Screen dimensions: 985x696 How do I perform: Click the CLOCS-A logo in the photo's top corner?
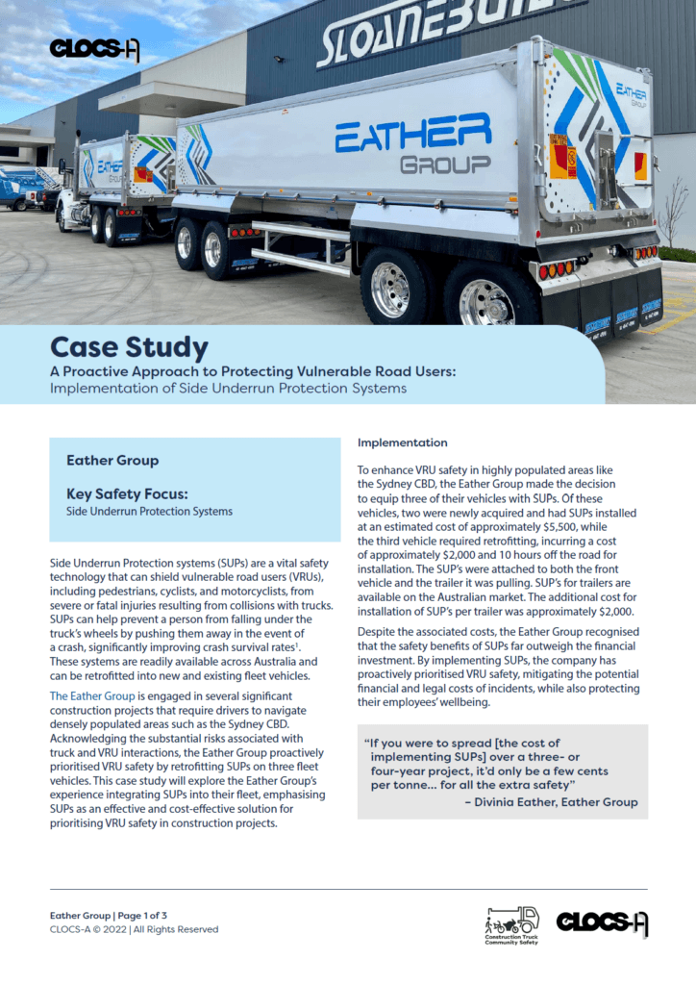click(94, 49)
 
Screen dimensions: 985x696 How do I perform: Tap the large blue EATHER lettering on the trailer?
click(412, 134)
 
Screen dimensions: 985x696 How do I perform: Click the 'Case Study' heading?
click(129, 345)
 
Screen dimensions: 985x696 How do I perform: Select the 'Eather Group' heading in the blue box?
click(112, 461)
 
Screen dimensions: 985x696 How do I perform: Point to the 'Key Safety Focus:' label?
click(127, 494)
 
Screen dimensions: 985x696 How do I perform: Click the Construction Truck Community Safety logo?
click(512, 924)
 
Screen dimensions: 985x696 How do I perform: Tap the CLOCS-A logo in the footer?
click(602, 923)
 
